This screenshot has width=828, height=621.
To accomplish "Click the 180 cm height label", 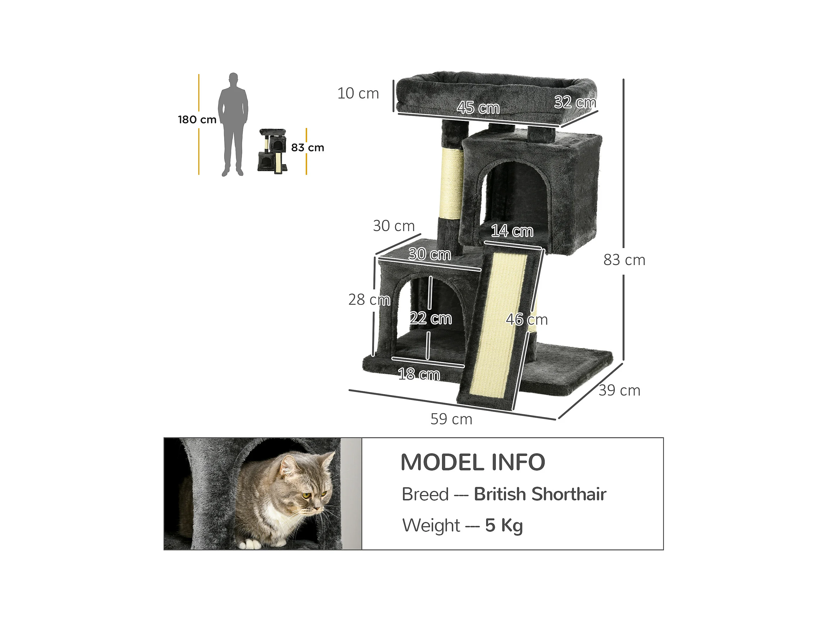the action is tap(197, 120).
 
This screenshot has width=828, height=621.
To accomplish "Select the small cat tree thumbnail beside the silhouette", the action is tap(272, 151).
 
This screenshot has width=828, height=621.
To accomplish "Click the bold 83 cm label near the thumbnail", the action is tap(307, 148).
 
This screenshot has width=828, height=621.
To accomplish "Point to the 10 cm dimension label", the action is tap(358, 94).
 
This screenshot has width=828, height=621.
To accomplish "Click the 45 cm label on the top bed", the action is tap(478, 108).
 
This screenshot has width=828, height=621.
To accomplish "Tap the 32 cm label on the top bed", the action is tap(575, 102).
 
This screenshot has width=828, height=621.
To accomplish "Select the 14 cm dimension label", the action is tap(512, 231).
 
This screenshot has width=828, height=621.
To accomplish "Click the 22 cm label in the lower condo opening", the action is tap(431, 318).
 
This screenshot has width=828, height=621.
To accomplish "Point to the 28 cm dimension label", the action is tap(369, 300).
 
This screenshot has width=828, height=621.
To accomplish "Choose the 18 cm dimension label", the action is tap(419, 374).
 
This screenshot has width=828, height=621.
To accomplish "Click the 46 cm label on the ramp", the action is tap(527, 320).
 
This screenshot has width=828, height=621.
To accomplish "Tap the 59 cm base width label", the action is tap(451, 419).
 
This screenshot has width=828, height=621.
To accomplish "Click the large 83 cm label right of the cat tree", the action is tap(624, 260).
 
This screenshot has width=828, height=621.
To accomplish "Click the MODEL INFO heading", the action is tap(473, 462).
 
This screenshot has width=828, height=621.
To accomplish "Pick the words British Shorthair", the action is tap(540, 494).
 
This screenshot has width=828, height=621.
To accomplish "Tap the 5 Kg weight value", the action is tap(504, 525).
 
